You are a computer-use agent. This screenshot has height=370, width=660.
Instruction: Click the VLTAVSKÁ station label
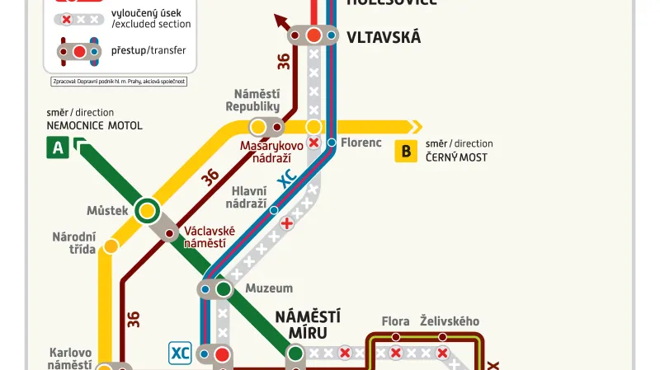384,37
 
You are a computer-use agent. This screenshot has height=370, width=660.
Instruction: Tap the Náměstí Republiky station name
252,100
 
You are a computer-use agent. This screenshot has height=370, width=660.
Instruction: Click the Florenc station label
361,143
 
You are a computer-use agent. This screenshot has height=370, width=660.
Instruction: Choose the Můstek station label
107,210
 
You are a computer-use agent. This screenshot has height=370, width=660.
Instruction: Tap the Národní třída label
74,243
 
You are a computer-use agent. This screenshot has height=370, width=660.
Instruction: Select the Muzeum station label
269,288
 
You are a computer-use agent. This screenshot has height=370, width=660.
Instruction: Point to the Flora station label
396,321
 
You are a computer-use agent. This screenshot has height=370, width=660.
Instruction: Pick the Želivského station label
449,321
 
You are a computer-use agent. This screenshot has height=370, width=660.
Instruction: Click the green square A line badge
57,148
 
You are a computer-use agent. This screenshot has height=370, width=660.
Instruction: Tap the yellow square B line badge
405,151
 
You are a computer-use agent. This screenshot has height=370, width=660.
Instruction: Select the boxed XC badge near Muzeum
181,354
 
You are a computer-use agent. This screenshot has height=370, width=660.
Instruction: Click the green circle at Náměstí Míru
295,354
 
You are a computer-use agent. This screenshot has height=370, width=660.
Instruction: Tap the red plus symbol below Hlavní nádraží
287,223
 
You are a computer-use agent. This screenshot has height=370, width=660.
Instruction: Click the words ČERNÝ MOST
456,157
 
